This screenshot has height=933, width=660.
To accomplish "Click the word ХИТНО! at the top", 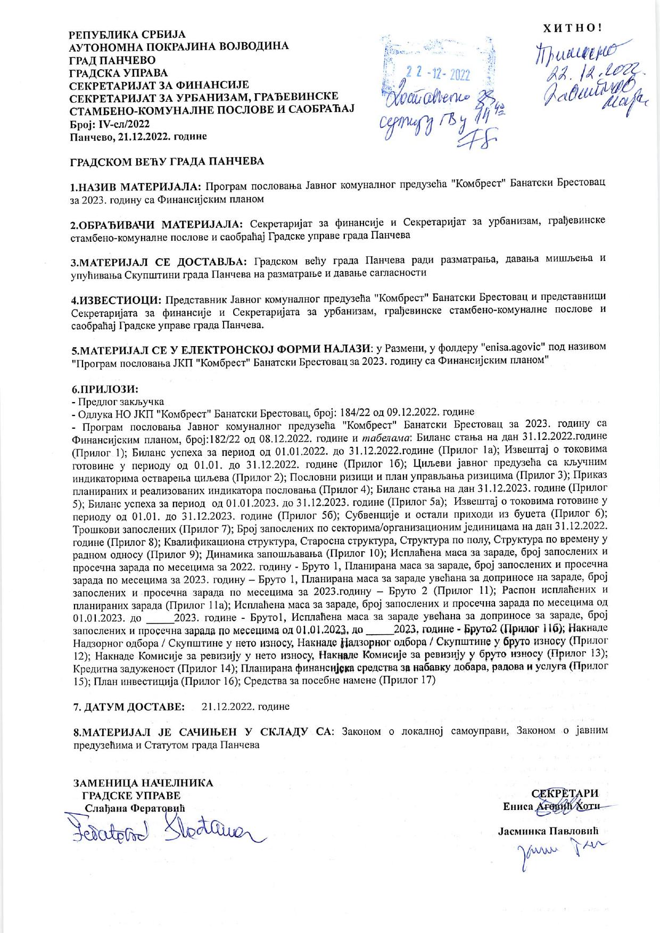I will click(572, 28).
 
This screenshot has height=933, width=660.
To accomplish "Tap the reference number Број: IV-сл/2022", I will click(110, 124).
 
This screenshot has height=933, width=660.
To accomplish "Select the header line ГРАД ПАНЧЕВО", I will click(112, 59).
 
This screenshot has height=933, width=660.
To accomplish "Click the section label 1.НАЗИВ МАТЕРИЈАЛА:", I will click(136, 187).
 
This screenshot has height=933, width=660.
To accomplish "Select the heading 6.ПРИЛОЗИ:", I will click(105, 389).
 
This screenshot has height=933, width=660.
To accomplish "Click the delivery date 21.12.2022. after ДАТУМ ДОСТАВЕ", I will click(246, 707).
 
